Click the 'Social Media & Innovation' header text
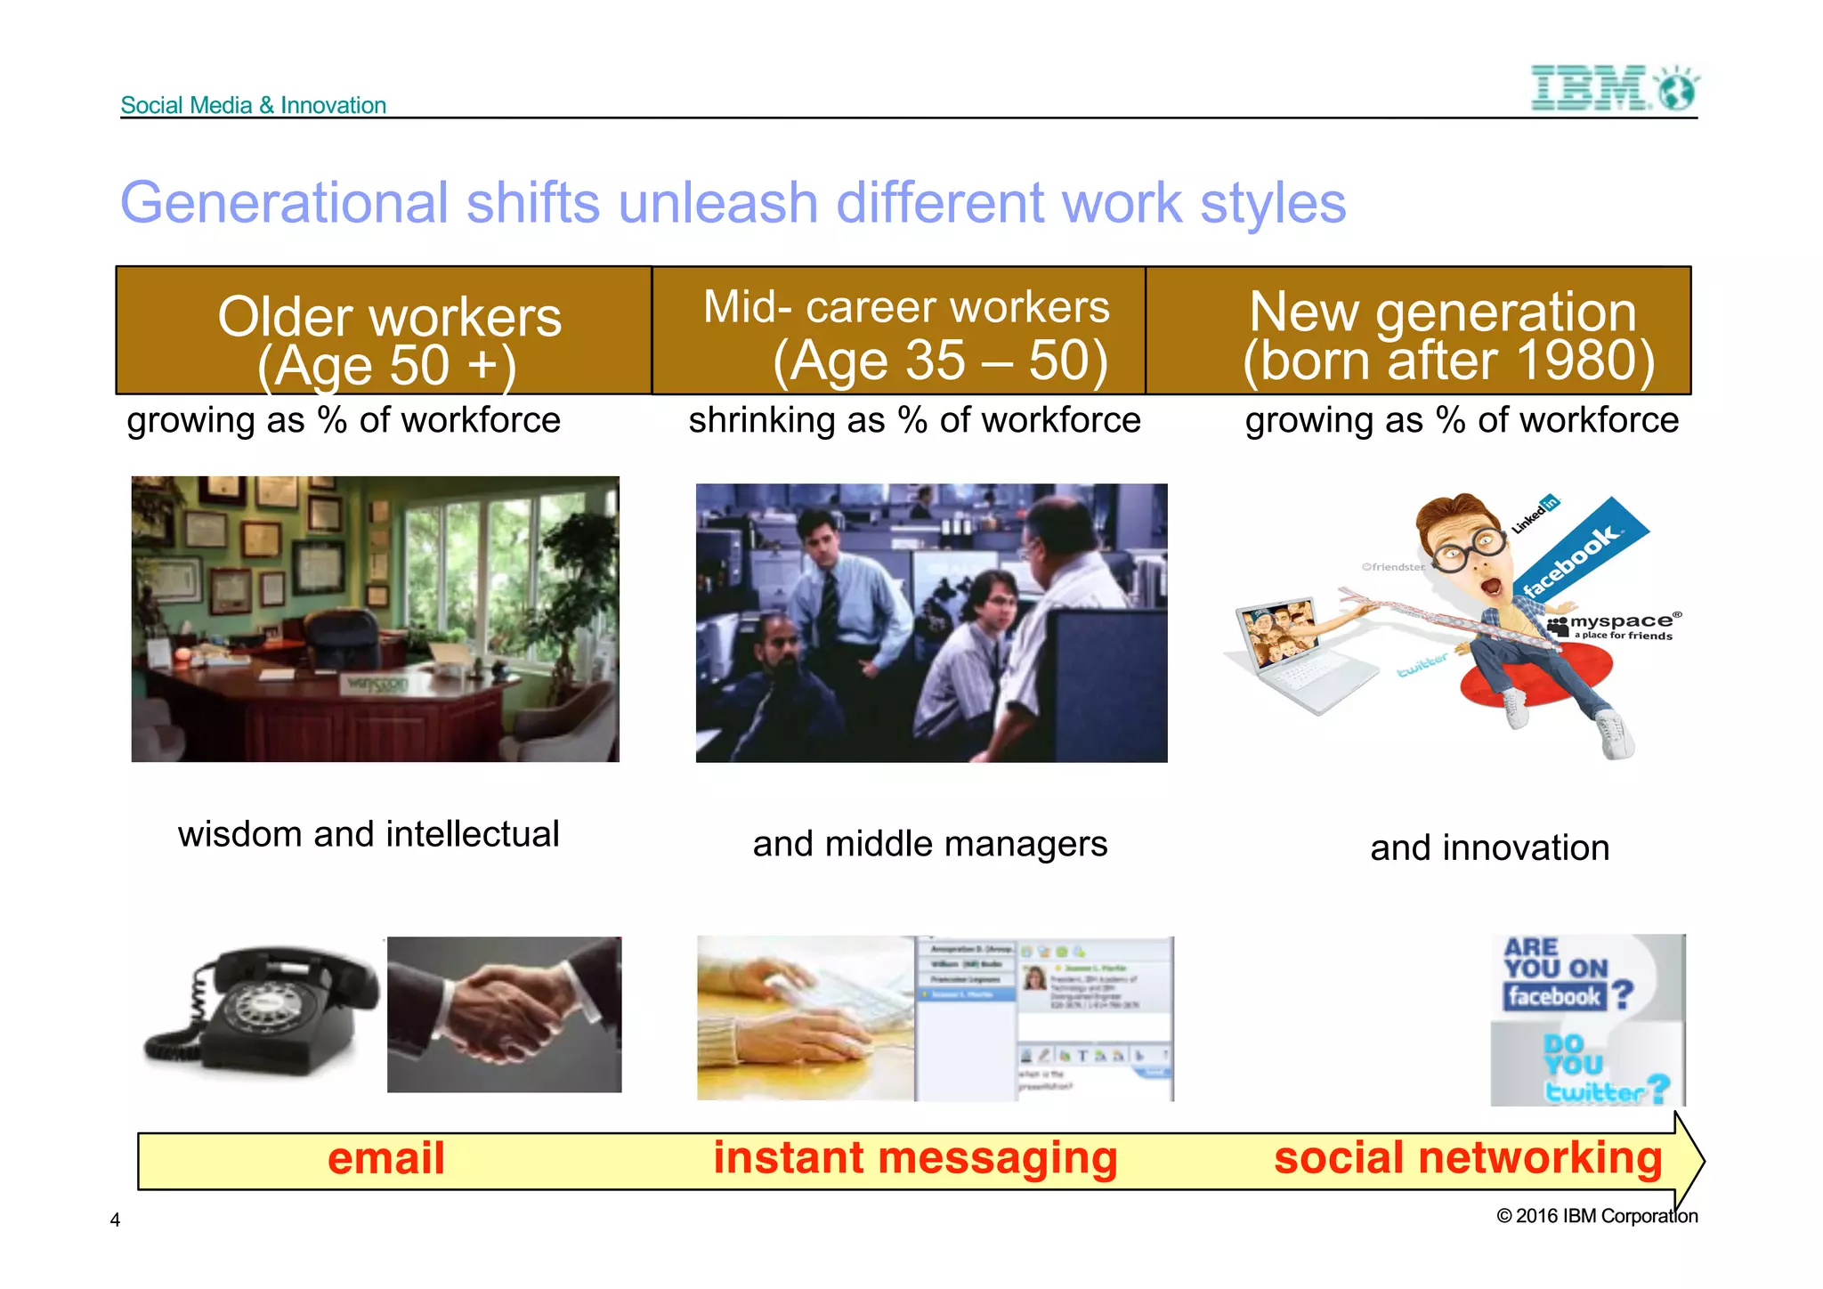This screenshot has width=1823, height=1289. click(x=253, y=105)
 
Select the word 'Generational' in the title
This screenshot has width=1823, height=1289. click(x=284, y=203)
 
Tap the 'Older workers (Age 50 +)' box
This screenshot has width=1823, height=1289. click(x=385, y=331)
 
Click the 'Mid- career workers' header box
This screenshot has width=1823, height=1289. click(x=899, y=331)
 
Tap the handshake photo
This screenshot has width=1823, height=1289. click(x=505, y=1015)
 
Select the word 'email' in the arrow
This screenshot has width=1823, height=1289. click(x=385, y=1159)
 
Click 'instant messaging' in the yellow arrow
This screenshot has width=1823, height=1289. click(x=914, y=1159)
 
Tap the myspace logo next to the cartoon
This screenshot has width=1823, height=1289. click(x=1613, y=624)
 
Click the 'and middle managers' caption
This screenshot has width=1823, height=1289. click(x=929, y=844)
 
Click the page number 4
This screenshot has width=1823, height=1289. click(x=115, y=1220)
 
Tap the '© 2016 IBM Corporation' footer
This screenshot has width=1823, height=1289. click(x=1597, y=1216)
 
